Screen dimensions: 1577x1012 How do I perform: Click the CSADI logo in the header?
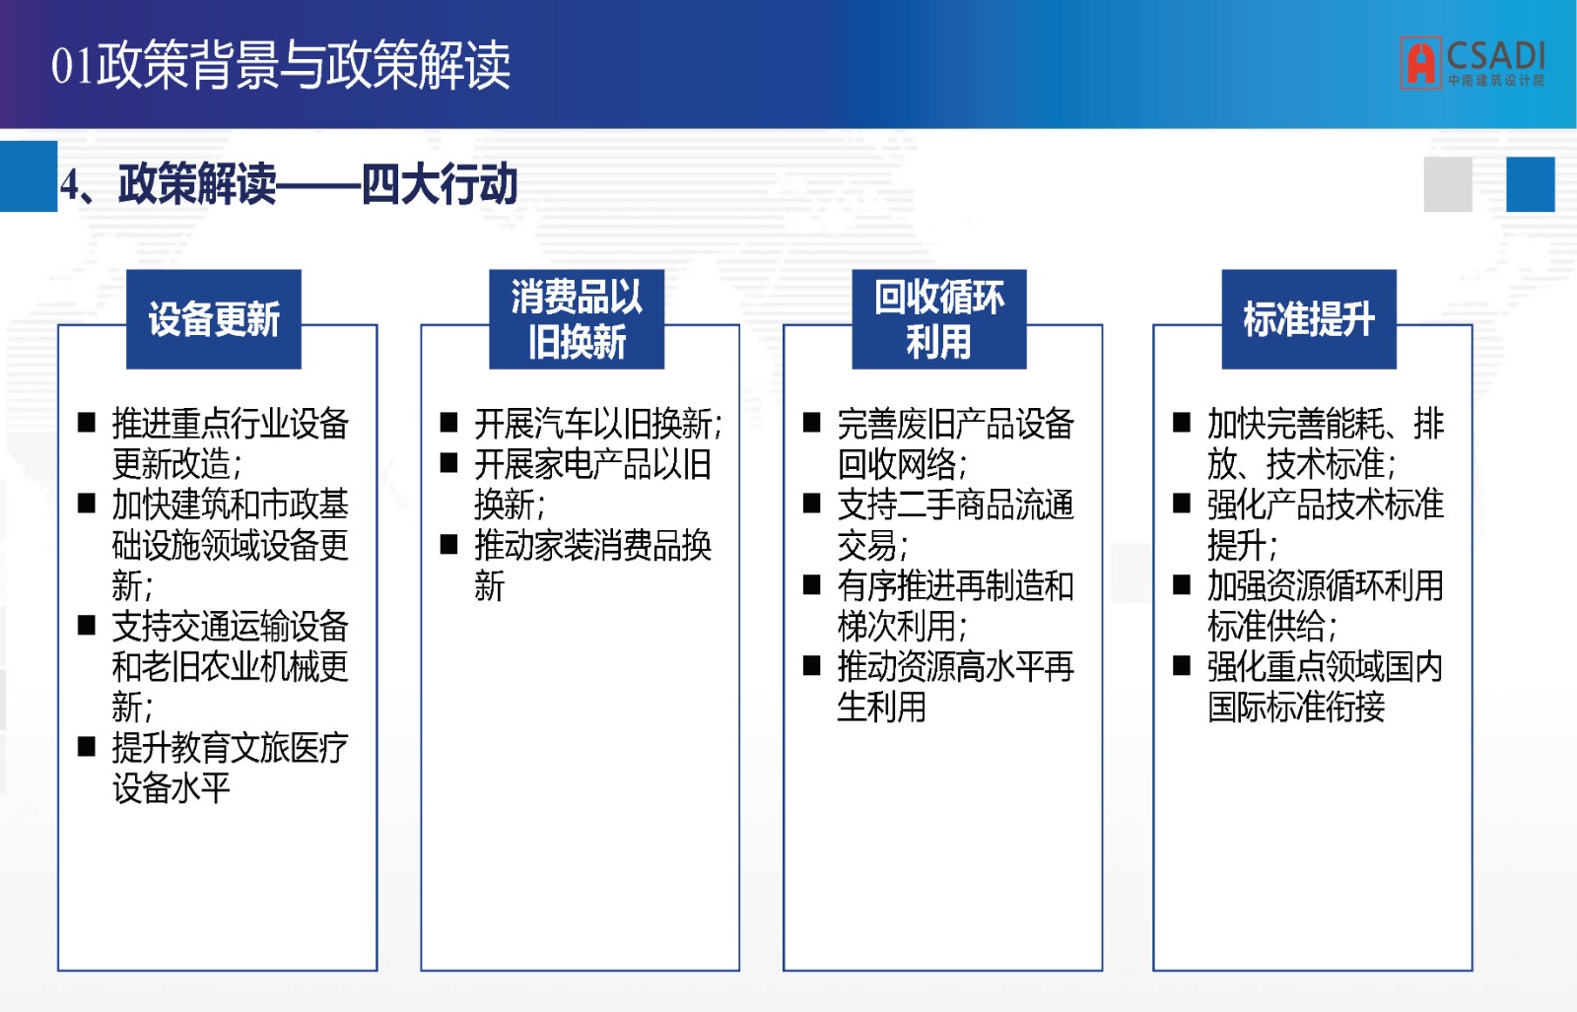pos(1473,63)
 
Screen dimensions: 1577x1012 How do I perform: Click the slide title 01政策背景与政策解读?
pos(280,65)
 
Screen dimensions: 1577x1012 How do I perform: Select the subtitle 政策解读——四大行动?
pos(289,184)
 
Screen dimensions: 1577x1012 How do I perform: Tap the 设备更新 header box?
pos(214,319)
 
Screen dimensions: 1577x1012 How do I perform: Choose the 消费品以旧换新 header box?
pos(577,319)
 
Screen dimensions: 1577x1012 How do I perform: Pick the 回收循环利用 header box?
pos(939,319)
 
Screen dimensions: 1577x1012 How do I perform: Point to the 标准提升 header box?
pos(1309,319)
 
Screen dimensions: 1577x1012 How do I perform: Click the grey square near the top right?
pos(1448,184)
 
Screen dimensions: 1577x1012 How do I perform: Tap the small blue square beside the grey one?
pos(1531,184)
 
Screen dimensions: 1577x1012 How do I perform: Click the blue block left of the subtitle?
pos(29,176)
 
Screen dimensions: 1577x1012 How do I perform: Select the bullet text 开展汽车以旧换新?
pos(598,424)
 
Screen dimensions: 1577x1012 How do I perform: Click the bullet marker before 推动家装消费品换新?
pos(448,545)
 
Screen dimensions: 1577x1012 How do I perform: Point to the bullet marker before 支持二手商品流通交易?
pos(812,504)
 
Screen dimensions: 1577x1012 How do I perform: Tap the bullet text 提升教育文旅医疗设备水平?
pos(231,768)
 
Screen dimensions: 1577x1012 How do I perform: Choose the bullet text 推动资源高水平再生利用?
pos(955,686)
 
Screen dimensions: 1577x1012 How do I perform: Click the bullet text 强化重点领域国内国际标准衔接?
pos(1326,686)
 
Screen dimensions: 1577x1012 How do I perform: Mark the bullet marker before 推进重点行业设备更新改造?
pos(87,423)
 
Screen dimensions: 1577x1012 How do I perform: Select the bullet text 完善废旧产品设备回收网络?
pos(955,443)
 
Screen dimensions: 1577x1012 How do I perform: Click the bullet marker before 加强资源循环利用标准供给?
pos(1182,584)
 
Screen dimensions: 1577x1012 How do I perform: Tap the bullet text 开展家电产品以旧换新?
pos(592,484)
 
